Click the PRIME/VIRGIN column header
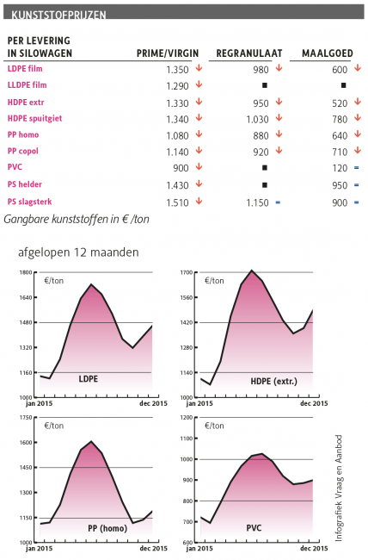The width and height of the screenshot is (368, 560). (168, 53)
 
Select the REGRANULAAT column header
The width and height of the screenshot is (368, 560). (249, 53)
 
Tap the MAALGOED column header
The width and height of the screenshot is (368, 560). (328, 53)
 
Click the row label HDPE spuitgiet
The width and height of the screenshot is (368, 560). (35, 119)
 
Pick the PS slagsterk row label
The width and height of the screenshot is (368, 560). (29, 202)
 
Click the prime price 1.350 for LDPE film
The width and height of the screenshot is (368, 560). (177, 70)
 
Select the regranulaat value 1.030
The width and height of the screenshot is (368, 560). (257, 119)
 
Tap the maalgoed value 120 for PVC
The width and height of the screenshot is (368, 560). (340, 168)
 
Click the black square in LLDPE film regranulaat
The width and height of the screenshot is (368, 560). (265, 85)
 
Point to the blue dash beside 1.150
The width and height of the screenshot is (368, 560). (278, 202)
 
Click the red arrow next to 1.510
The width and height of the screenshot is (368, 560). (199, 201)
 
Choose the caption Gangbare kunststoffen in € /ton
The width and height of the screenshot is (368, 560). (77, 219)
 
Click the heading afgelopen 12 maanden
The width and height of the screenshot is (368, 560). (78, 252)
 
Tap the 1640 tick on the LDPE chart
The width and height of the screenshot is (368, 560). (26, 297)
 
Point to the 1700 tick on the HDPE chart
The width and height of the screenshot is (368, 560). (186, 272)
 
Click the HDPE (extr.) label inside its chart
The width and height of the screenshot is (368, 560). (274, 382)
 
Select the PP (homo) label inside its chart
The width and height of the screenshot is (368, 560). (107, 528)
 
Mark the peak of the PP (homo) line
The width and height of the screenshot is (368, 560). (92, 441)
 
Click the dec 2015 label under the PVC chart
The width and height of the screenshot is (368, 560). (314, 548)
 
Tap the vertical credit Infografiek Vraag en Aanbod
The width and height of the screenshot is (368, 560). (339, 488)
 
